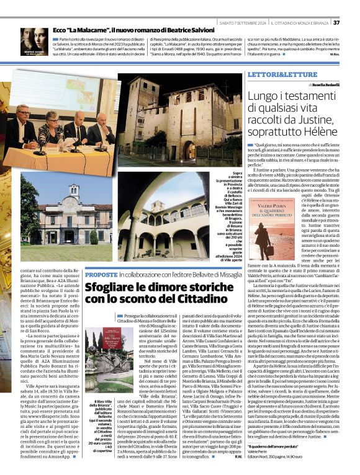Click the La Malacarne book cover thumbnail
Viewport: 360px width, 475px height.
pos(34,42)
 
